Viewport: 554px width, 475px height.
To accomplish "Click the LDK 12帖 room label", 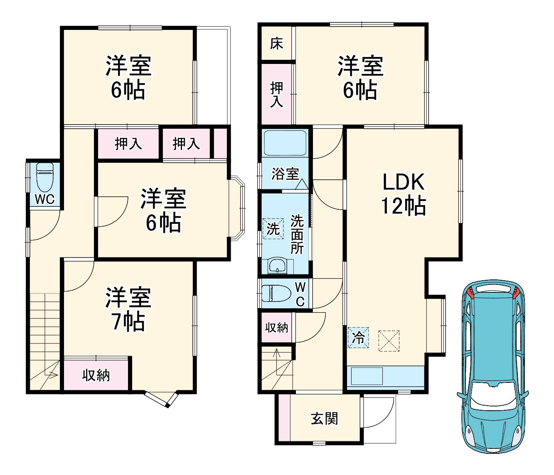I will [x=403, y=193].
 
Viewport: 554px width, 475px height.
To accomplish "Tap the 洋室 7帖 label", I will [x=128, y=309].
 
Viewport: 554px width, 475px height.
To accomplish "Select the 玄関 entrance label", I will [x=324, y=418].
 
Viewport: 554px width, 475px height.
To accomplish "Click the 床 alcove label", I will [x=276, y=44].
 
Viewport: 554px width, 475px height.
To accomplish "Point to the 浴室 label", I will [x=285, y=174].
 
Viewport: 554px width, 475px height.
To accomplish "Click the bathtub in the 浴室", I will [x=285, y=143].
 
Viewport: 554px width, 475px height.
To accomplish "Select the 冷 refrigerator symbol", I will [x=358, y=338].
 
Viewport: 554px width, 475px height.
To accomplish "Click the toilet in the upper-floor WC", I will [x=44, y=176].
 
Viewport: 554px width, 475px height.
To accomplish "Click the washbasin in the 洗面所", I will [x=276, y=266].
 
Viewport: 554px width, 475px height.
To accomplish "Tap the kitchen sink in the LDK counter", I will [x=367, y=377].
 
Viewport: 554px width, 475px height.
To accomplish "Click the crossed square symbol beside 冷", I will [x=389, y=341].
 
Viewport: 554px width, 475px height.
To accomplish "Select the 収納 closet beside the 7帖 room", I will [x=96, y=375].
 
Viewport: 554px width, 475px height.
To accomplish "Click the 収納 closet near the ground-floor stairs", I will [x=276, y=328].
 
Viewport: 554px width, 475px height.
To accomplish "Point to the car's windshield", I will [x=493, y=394].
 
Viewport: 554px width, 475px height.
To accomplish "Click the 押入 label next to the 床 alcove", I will [x=276, y=94].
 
